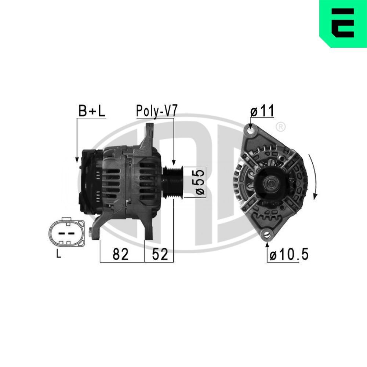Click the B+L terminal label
pyautogui.click(x=92, y=112)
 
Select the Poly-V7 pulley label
pyautogui.click(x=157, y=111)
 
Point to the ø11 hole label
pyautogui.click(x=262, y=111)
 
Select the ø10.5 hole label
pyautogui.click(x=289, y=255)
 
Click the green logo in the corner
pyautogui.click(x=343, y=24)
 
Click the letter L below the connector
pyautogui.click(x=58, y=254)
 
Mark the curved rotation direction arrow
pyautogui.click(x=312, y=176)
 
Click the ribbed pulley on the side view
pyautogui.click(x=173, y=182)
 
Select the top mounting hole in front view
pyautogui.click(x=251, y=130)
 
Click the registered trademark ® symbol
pyautogui.click(x=280, y=127)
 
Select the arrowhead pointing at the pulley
pyautogui.click(x=174, y=162)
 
